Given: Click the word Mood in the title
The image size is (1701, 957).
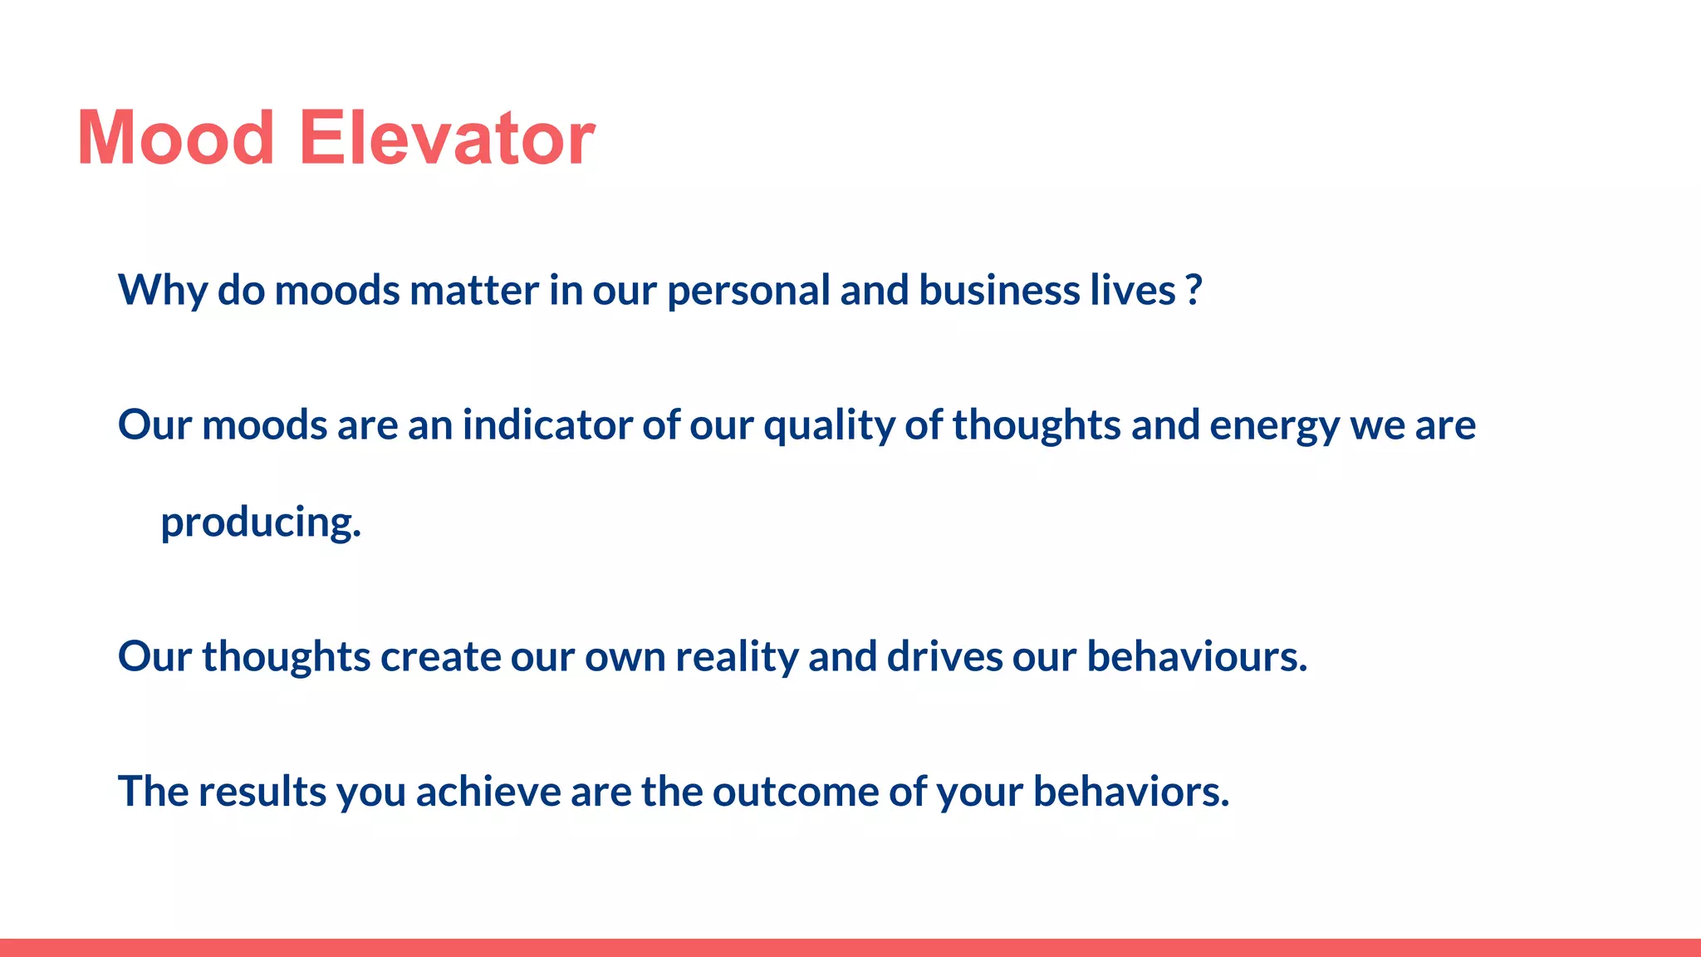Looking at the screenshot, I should (175, 138).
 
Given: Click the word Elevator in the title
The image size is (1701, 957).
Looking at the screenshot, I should (446, 138).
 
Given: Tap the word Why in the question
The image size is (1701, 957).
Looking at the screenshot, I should (163, 291).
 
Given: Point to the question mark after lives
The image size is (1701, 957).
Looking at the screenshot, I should (1194, 291).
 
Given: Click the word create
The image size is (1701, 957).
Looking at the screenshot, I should (440, 657).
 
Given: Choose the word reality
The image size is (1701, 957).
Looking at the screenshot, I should (737, 657).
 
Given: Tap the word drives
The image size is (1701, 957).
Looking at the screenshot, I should (944, 657).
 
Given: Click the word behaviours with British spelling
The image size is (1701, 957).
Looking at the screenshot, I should (1197, 657).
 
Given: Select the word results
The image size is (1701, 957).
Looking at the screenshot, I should (262, 792).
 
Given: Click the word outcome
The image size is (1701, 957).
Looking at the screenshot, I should (795, 792).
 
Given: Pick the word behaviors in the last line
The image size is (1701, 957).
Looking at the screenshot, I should (1130, 792).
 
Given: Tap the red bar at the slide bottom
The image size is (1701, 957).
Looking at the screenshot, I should (850, 947).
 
